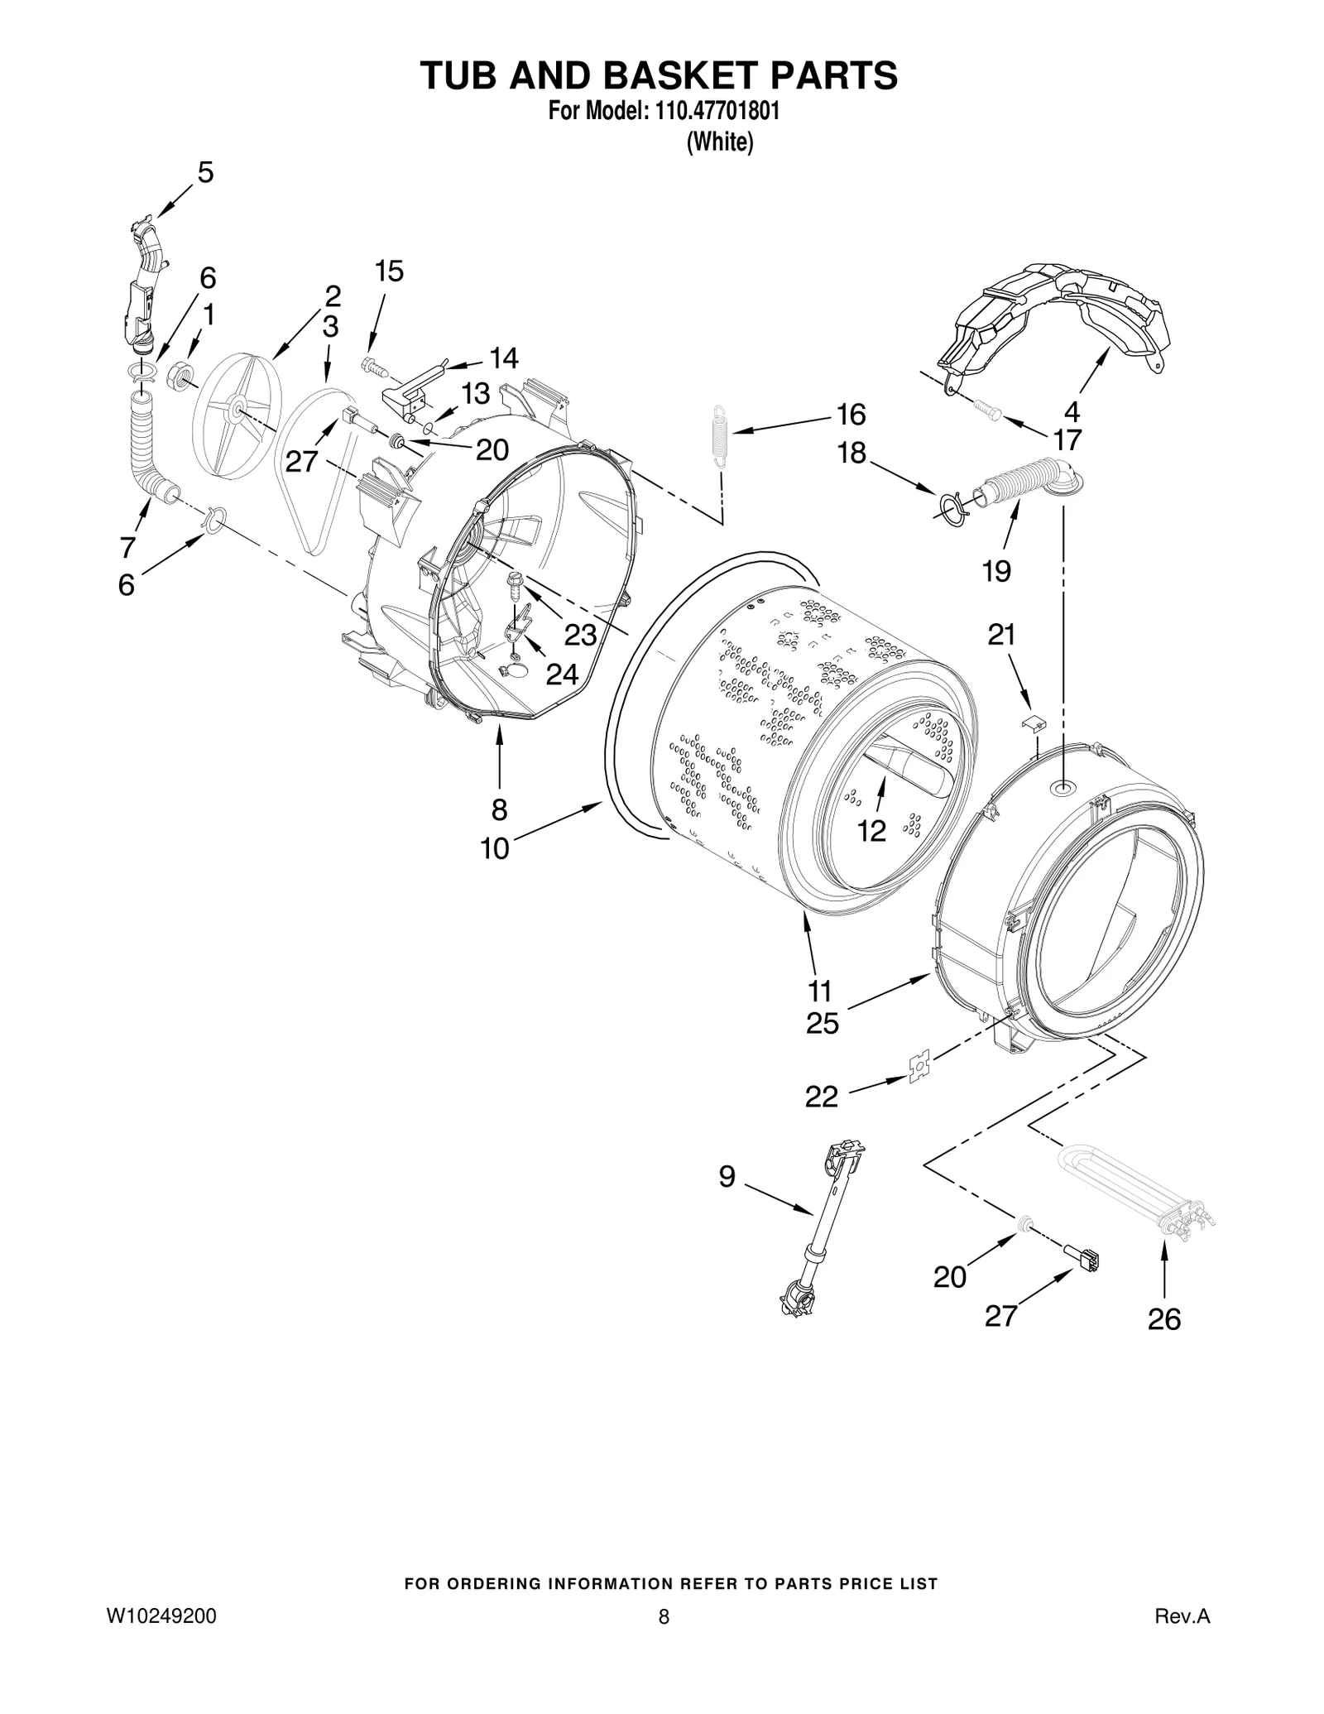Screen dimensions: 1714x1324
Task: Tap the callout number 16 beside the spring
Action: [x=851, y=414]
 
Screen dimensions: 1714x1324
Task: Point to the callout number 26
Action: [x=1163, y=1319]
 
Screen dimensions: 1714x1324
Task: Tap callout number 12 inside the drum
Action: [x=871, y=830]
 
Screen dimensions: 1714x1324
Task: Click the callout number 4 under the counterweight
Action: [x=1072, y=411]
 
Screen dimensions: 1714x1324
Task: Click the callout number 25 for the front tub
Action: [x=823, y=1024]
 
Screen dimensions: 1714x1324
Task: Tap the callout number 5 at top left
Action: [x=205, y=172]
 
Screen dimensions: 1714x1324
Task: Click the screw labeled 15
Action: [x=371, y=364]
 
